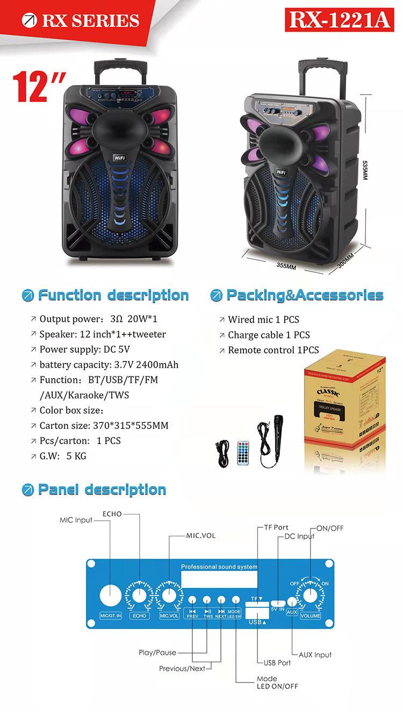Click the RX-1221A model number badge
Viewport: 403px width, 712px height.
339,20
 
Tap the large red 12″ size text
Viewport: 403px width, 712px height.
39,86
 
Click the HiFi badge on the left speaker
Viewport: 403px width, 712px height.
120,152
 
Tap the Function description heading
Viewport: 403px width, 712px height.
113,295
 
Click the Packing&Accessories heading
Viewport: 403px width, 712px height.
305,295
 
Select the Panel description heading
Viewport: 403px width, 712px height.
102,490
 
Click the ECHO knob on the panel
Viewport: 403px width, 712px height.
139,595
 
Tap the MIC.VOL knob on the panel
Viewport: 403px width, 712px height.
169,595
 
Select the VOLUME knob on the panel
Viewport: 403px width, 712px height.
310,595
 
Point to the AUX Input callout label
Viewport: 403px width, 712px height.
315,655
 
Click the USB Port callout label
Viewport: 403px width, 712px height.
277,663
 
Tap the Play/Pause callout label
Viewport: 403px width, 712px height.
157,652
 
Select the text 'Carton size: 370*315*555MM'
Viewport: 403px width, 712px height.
104,425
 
